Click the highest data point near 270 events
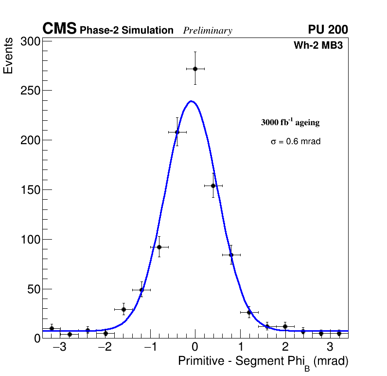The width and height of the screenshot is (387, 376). point(195,69)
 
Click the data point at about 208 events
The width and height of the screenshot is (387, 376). point(177,132)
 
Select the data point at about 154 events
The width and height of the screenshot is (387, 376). point(213,186)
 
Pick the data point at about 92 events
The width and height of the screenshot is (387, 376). point(159,247)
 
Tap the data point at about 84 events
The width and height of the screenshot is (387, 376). point(231,255)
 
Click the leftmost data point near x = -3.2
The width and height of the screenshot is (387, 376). point(52,328)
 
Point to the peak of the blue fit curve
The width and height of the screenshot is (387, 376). point(191,101)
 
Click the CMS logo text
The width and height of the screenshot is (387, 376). point(59,29)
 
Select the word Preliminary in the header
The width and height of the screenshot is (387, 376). point(208,31)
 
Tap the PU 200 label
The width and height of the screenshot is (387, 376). point(328,30)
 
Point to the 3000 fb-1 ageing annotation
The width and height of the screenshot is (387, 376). point(290,122)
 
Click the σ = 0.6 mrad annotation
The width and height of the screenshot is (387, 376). point(296,142)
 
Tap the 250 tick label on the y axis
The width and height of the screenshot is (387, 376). point(30,91)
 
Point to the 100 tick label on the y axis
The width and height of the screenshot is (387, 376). point(30,240)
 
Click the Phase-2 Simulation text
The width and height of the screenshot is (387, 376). point(126,31)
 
